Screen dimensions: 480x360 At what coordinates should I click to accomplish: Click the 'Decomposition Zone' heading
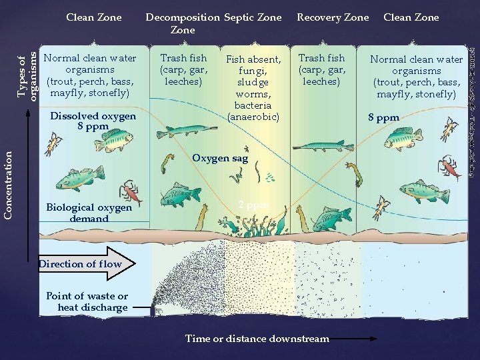[x=183, y=23]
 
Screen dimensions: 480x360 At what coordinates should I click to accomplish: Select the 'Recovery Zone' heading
[x=332, y=17]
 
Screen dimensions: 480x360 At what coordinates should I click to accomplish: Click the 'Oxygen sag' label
[x=220, y=159]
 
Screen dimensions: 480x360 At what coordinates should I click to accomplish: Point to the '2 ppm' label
[x=253, y=205]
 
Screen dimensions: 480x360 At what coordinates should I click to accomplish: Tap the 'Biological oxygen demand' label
[x=89, y=213]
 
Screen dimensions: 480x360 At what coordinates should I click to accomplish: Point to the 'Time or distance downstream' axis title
[x=257, y=339]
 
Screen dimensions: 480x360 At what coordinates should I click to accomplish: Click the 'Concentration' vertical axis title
[x=9, y=183]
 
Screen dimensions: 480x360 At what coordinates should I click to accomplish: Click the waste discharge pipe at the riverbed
[x=153, y=310]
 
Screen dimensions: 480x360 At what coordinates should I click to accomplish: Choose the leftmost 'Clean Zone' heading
[x=94, y=17]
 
